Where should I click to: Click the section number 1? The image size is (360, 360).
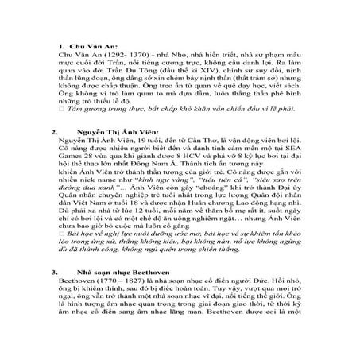point(53,47)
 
